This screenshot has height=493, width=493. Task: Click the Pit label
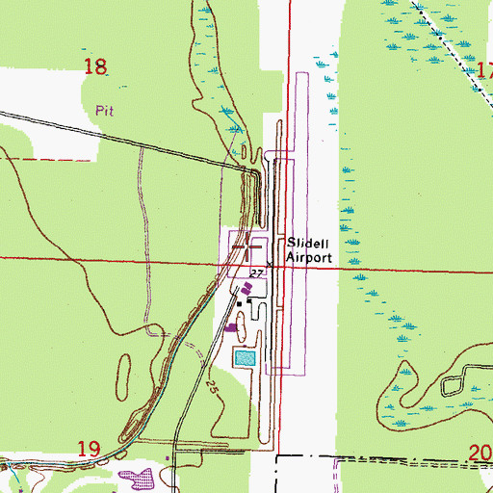tap(105, 111)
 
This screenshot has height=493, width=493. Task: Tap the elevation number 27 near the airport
tap(255, 274)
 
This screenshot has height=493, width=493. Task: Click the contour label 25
tap(211, 387)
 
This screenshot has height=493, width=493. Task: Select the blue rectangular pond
tap(246, 358)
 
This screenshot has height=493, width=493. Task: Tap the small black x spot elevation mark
tap(270, 265)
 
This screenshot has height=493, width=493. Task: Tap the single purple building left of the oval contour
tap(230, 327)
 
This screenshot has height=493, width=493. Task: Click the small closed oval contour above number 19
tap(124, 370)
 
